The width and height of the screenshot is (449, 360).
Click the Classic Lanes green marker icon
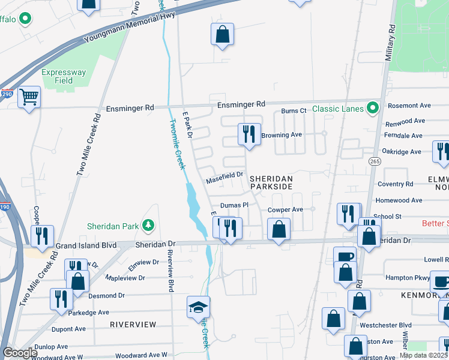tap(373, 109)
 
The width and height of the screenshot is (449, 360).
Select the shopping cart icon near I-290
tap(28, 97)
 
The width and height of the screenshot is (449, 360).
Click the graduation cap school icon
tap(198, 307)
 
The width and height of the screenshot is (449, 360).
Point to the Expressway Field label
tap(64, 76)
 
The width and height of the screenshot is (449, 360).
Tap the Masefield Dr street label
tap(224, 176)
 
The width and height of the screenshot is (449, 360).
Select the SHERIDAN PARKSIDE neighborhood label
tap(271, 183)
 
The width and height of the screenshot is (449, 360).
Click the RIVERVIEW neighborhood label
tap(133, 325)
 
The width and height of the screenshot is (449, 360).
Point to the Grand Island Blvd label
tap(86, 246)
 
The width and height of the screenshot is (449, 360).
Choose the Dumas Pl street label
tap(234, 205)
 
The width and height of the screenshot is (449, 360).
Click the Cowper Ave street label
tap(285, 210)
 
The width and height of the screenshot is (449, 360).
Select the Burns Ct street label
tap(294, 111)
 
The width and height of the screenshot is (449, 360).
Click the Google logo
tap(20, 353)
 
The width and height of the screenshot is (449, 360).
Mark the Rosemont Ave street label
tap(409, 106)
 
